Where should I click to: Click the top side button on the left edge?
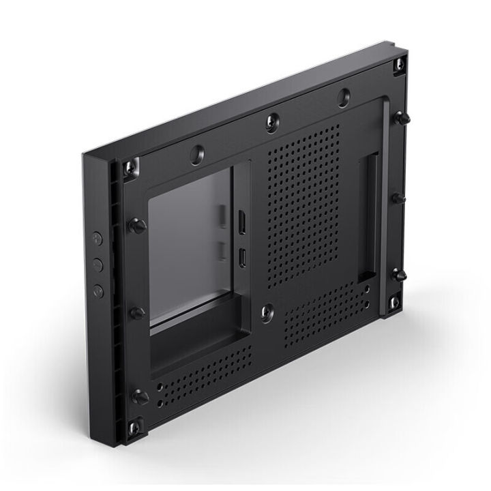(98, 238)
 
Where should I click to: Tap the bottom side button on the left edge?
(98, 291)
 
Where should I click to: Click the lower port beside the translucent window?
(242, 257)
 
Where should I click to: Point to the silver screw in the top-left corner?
(130, 168)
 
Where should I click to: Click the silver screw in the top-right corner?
(399, 65)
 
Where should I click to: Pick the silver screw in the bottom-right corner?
(394, 301)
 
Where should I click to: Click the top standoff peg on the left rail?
(138, 226)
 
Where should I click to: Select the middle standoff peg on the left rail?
(138, 313)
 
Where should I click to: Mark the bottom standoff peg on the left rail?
(140, 396)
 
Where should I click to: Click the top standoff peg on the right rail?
(402, 118)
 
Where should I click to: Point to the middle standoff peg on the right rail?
(398, 198)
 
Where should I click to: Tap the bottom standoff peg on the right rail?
(399, 274)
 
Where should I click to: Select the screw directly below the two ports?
(267, 312)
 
